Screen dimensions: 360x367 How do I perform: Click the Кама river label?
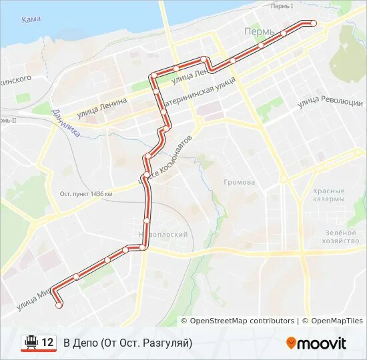coord(31,19)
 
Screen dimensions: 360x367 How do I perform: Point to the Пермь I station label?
coord(282,6)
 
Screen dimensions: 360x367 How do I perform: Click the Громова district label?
coord(240,182)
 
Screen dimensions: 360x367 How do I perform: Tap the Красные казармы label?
coord(328,195)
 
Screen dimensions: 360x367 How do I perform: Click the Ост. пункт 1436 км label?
coord(86,194)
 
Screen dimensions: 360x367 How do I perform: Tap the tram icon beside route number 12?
coord(30,343)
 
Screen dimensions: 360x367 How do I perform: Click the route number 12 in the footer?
coord(47,343)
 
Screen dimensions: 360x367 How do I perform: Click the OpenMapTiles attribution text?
coord(336,321)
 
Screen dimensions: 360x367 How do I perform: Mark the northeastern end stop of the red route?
coord(314,23)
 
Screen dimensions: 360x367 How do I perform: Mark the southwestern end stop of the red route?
coord(59,305)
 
